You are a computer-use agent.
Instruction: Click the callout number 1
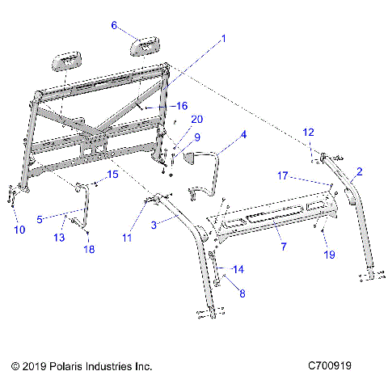click(x=224, y=38)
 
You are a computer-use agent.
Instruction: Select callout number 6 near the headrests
click(x=114, y=25)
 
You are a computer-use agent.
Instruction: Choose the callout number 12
click(x=308, y=132)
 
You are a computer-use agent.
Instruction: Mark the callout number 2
click(x=359, y=171)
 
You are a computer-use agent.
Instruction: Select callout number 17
click(x=282, y=175)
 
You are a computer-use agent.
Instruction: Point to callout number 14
click(x=236, y=268)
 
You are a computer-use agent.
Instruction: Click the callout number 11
click(x=126, y=238)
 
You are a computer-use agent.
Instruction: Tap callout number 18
click(x=90, y=250)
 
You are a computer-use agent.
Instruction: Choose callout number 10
click(x=19, y=230)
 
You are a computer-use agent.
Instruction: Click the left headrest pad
click(x=68, y=62)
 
